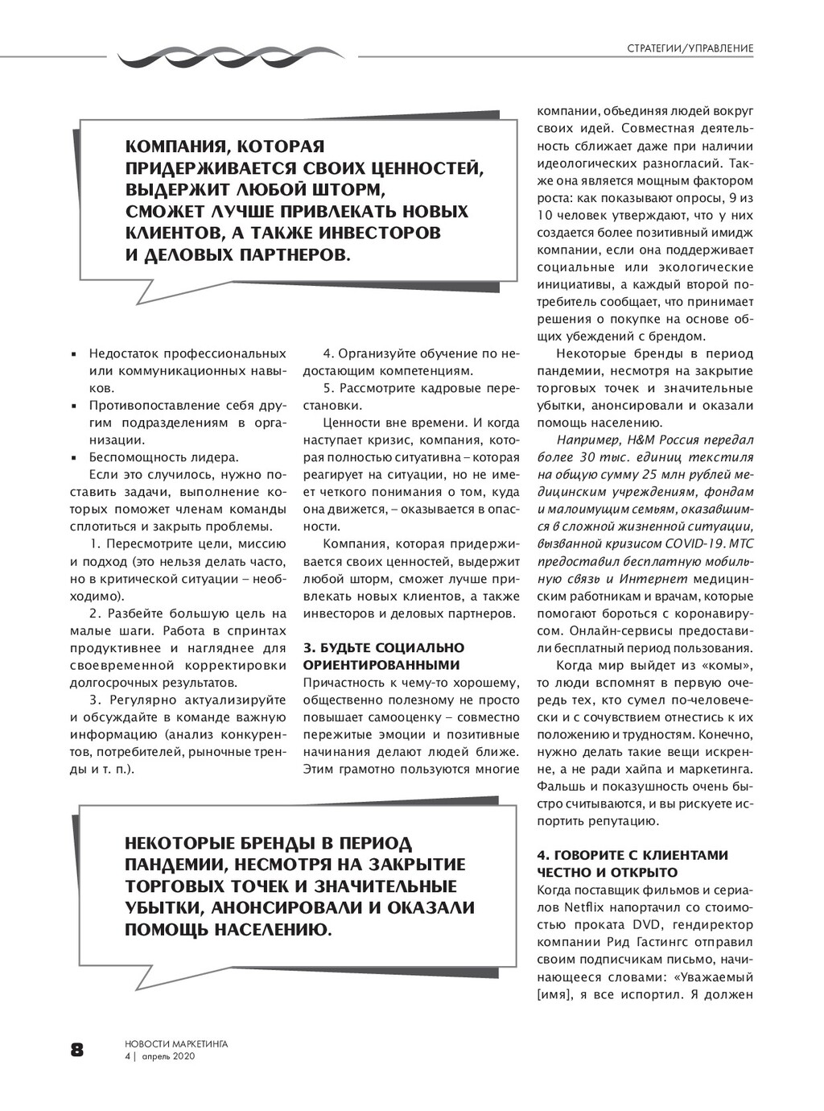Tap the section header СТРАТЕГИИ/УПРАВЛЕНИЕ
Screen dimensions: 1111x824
(x=690, y=49)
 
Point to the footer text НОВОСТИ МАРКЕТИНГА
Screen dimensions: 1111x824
(x=176, y=1043)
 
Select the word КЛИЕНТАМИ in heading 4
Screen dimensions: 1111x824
(x=686, y=855)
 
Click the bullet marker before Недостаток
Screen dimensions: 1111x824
(x=74, y=355)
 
